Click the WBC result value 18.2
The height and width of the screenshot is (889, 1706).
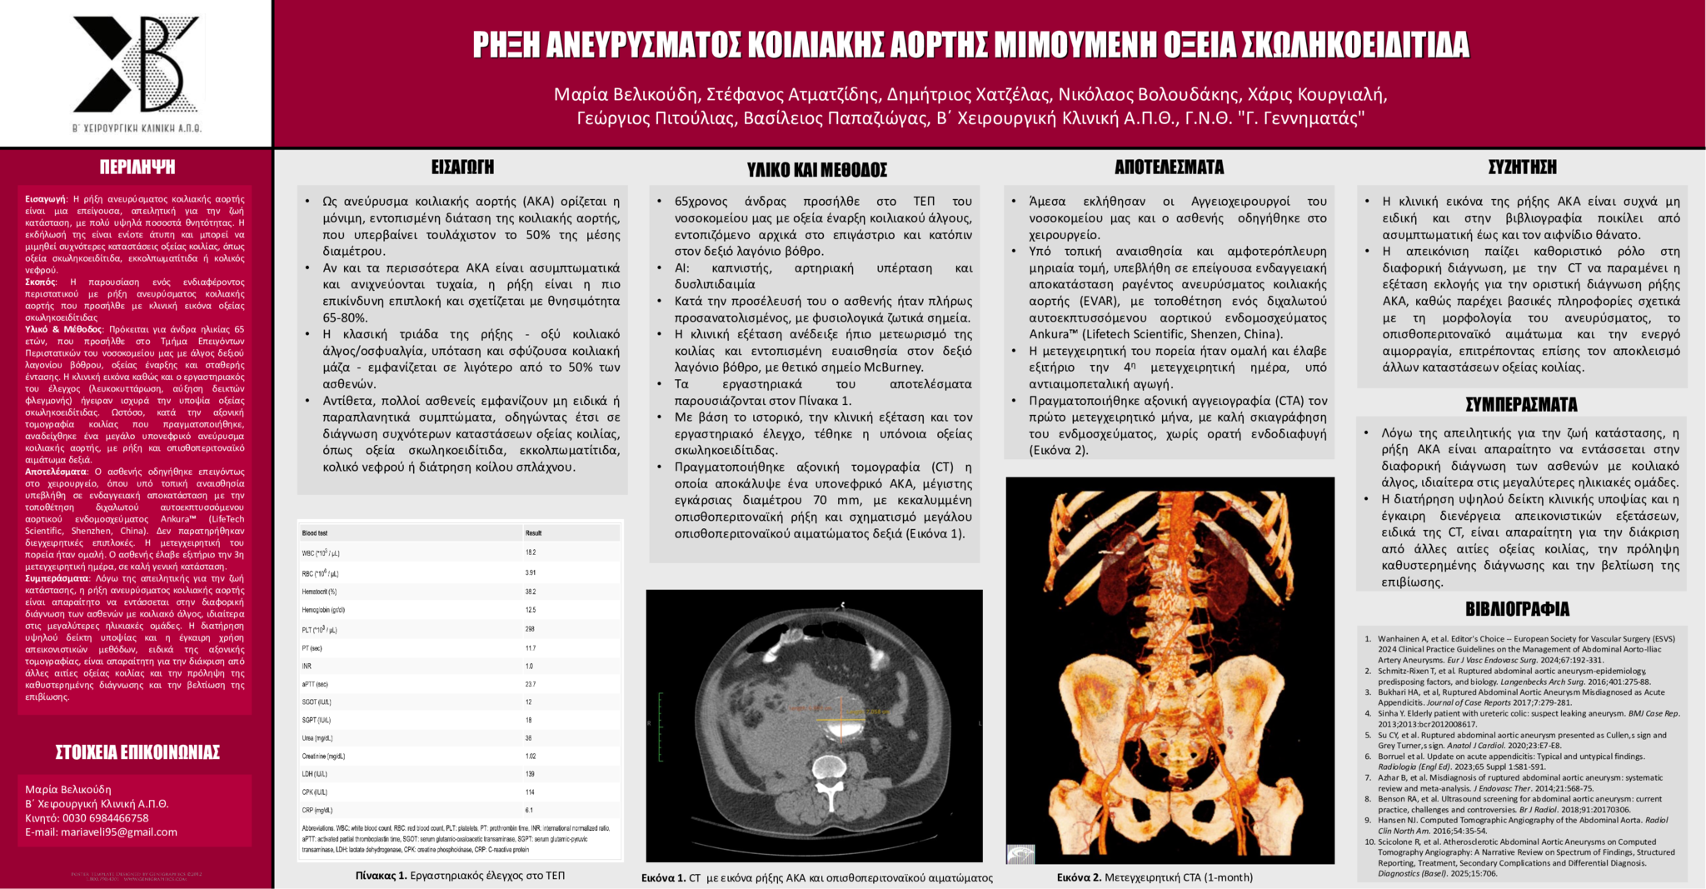click(531, 552)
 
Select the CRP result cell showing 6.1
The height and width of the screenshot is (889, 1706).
click(530, 810)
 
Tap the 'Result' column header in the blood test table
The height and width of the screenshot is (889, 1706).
click(533, 533)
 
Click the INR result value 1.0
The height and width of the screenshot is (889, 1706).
click(529, 667)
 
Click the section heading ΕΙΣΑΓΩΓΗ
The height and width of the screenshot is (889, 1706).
click(462, 167)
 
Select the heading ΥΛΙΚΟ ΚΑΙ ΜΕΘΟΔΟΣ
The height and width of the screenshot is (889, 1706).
click(816, 170)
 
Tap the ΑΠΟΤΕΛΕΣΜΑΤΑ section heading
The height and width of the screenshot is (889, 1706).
click(1169, 167)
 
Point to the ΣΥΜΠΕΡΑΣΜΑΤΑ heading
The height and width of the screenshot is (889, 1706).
click(1521, 405)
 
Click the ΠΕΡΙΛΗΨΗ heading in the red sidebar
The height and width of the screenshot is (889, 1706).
click(137, 167)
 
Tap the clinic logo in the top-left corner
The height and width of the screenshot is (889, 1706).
click(137, 67)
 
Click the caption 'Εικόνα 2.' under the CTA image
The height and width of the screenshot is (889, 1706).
click(1079, 877)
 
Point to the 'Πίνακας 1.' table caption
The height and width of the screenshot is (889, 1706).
click(381, 876)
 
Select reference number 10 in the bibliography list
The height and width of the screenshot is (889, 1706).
click(1369, 842)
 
